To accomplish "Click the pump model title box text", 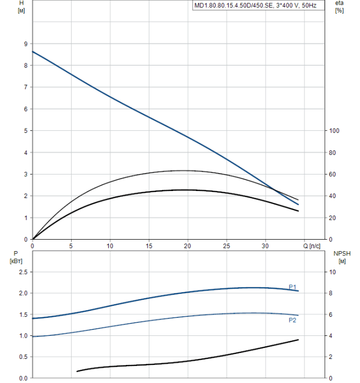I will (x=259, y=6).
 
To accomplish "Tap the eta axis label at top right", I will (x=339, y=6).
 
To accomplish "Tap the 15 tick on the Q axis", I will (x=149, y=246).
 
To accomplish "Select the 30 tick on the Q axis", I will (x=265, y=246).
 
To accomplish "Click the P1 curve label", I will (x=293, y=287).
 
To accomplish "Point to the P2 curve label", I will (x=293, y=320).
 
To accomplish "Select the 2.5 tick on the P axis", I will (x=23, y=272).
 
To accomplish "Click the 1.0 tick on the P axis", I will (x=23, y=336).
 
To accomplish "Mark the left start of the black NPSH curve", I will (x=77, y=372).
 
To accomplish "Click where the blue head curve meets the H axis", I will (x=33, y=51).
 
